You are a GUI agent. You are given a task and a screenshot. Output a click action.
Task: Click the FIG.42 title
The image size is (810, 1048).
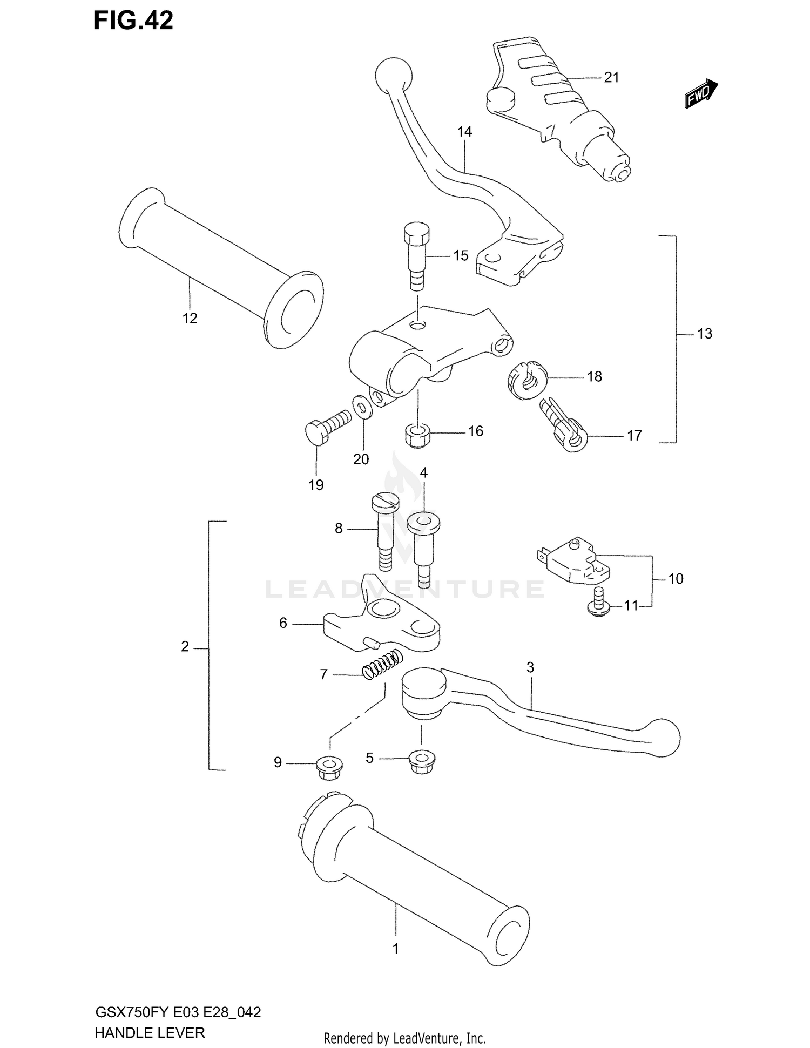point(133,21)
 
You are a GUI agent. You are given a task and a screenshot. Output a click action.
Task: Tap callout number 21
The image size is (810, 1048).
point(611,78)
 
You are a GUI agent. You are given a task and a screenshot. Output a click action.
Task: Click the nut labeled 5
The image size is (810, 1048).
point(420,762)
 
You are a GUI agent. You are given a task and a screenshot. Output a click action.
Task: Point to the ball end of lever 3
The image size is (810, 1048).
point(663,738)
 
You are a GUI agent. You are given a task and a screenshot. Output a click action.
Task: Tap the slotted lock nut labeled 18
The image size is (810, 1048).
point(527,380)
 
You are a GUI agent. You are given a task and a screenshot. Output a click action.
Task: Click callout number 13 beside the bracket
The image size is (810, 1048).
point(704,334)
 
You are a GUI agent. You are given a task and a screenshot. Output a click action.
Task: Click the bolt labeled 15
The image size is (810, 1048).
point(416,255)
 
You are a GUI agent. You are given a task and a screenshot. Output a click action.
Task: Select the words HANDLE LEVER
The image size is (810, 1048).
point(150,1033)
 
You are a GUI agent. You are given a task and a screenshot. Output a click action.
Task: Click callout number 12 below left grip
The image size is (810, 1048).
point(190,319)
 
